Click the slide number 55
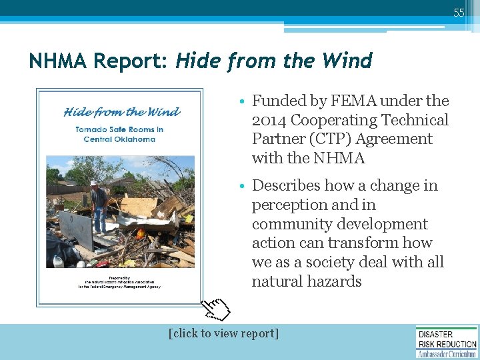coord(459,13)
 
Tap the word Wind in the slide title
coord(347,61)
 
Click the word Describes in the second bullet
coord(288,185)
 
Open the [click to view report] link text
coord(224,333)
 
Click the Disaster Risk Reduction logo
coord(447,341)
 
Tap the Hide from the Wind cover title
coord(122,111)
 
